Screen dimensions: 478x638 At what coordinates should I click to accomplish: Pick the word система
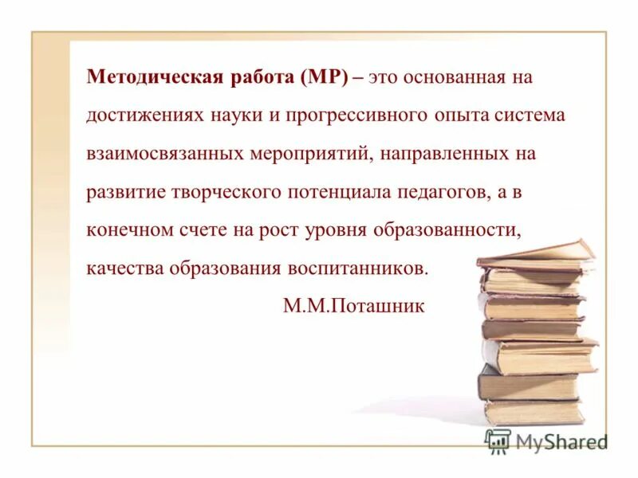click(529, 116)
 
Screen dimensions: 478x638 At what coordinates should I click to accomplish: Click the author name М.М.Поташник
click(354, 305)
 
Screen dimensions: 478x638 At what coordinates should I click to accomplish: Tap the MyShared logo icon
click(498, 440)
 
